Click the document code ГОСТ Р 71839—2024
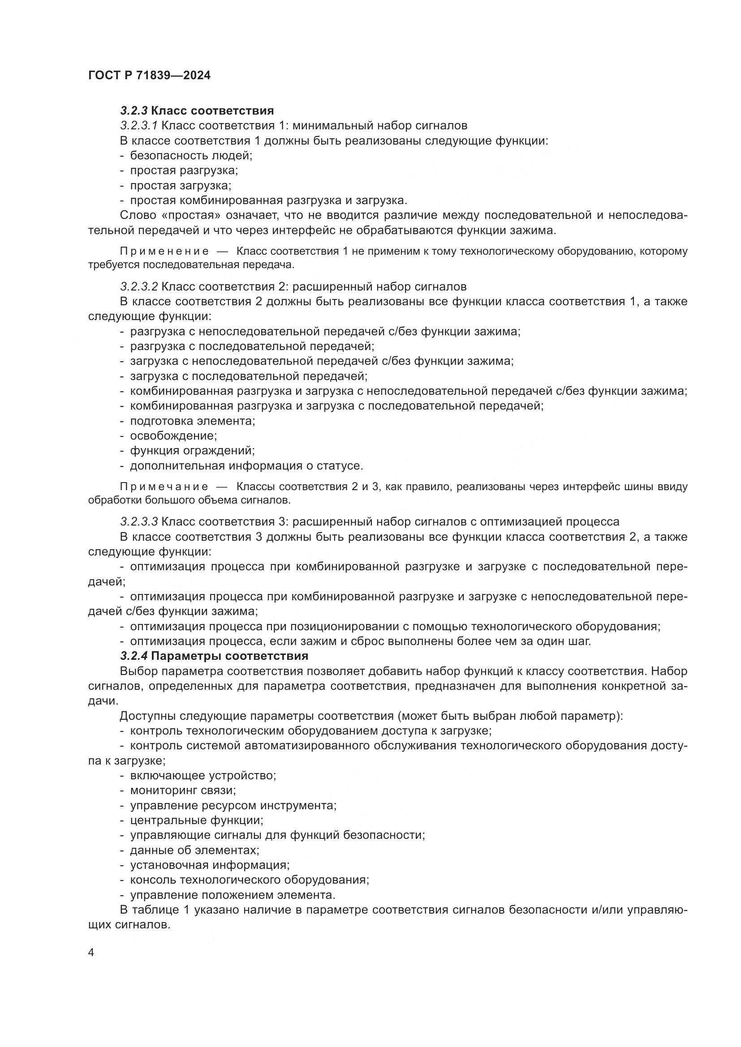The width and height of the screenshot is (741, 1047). click(x=149, y=75)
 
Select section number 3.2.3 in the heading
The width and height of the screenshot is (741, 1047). click(x=134, y=111)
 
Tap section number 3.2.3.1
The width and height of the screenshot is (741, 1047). click(x=139, y=125)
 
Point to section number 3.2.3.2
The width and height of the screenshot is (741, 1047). click(x=139, y=286)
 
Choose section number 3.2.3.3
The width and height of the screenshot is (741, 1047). click(x=139, y=521)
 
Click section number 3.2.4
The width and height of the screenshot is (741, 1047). click(x=134, y=656)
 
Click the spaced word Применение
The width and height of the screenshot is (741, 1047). click(x=164, y=251)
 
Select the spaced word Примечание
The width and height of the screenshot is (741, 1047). click(x=164, y=487)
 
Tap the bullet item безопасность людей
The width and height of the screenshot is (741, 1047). click(x=191, y=155)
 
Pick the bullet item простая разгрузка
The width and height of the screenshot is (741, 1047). click(x=184, y=171)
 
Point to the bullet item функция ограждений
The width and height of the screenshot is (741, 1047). click(x=192, y=451)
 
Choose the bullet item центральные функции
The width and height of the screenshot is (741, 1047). click(x=196, y=821)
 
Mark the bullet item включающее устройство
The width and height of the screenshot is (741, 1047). click(x=203, y=775)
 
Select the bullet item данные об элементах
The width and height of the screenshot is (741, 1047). click(x=194, y=850)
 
